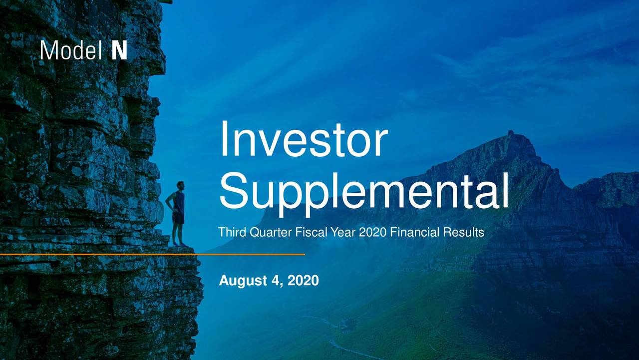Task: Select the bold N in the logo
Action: point(119,50)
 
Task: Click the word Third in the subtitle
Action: point(233,232)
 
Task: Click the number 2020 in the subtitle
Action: point(373,232)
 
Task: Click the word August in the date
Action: point(243,281)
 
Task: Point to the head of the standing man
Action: point(180,185)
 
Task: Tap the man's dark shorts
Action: point(178,218)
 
